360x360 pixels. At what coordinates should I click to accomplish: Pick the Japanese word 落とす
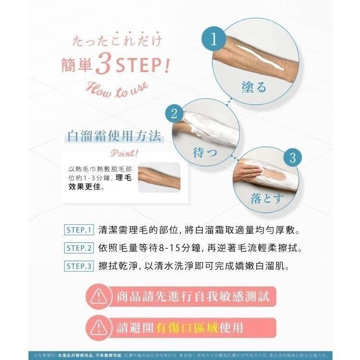pos(267,198)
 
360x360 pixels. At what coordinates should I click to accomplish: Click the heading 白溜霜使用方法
pos(113,136)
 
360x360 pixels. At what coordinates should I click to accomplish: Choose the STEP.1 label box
pos(78,230)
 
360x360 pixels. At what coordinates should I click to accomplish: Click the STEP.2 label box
pos(78,248)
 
